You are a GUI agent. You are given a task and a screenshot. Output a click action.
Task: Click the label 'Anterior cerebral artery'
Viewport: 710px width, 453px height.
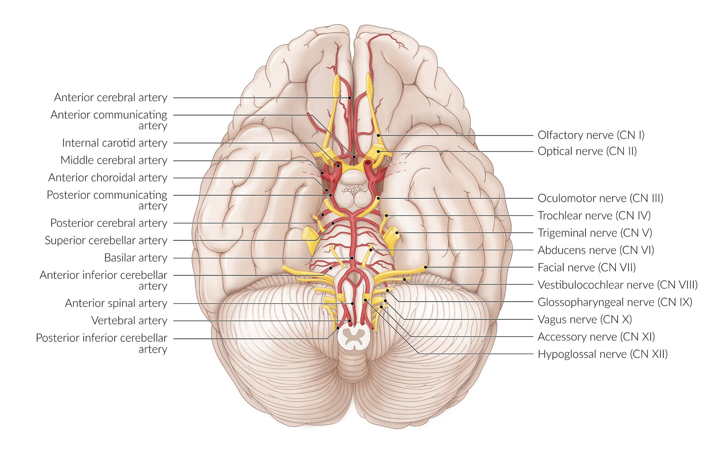click(111, 97)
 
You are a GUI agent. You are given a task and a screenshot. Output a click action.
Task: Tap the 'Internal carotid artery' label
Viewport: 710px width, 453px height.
click(115, 143)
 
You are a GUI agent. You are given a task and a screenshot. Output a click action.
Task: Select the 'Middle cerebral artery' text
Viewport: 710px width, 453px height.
click(114, 160)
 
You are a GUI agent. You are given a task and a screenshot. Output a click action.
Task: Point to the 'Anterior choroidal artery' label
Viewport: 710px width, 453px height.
click(108, 177)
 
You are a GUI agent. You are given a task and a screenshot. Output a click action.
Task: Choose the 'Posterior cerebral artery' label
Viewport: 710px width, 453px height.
click(109, 223)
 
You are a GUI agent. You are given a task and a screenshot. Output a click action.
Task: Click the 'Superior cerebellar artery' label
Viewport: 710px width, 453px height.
click(106, 240)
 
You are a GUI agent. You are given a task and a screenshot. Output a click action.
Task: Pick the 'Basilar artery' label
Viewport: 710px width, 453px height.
click(135, 258)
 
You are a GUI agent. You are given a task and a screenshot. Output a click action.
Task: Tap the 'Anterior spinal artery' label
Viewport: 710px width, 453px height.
click(116, 303)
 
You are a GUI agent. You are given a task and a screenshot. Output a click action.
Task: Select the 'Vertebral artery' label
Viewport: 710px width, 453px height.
click(129, 321)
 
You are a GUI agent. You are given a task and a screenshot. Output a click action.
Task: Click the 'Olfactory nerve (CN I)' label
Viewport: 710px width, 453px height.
click(591, 135)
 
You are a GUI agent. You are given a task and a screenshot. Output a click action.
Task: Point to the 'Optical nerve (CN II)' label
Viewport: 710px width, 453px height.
click(587, 151)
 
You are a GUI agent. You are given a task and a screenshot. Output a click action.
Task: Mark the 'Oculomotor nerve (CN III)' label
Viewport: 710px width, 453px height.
click(600, 198)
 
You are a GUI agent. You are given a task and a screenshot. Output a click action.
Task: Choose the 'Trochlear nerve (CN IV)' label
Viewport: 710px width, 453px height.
click(594, 215)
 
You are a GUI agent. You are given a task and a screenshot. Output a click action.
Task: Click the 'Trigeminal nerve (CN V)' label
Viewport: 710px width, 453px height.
click(595, 233)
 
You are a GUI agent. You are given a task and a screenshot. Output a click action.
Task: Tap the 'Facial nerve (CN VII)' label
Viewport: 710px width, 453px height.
click(586, 268)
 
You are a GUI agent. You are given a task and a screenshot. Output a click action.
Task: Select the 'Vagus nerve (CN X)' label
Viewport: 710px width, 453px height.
click(584, 319)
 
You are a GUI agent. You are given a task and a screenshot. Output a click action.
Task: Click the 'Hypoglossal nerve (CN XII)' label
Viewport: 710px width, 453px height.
click(603, 354)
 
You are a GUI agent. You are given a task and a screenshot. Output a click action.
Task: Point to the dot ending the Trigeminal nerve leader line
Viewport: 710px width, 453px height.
click(396, 233)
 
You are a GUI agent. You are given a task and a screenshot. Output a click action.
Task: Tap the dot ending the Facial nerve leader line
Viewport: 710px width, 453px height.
click(426, 267)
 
